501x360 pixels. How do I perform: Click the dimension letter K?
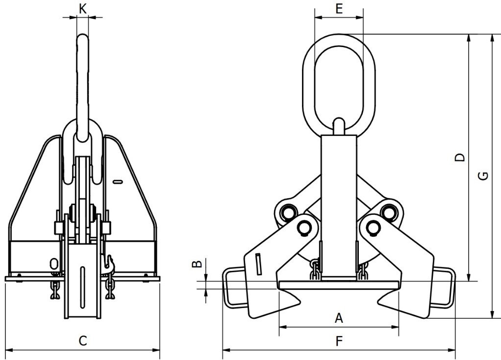tap(83, 8)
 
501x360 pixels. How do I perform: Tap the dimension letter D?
tap(460, 157)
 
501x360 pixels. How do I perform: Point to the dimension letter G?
tap(483, 176)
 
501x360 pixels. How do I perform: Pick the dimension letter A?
tap(338, 318)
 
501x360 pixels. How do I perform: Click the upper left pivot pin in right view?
tap(288, 212)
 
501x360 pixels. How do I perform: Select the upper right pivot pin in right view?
tap(390, 212)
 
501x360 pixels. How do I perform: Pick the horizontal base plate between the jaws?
tap(338, 284)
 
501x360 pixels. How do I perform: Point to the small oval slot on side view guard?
tap(117, 183)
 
